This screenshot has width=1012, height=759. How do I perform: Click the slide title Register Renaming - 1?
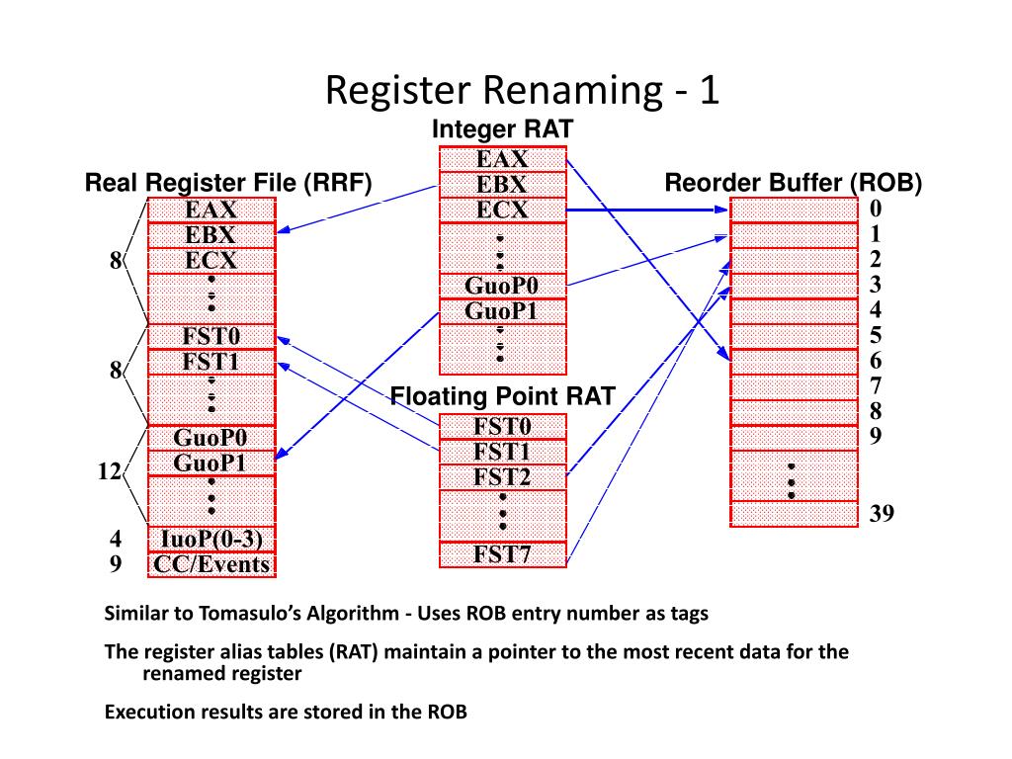pyautogui.click(x=524, y=91)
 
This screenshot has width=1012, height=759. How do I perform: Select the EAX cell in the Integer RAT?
pyautogui.click(x=502, y=159)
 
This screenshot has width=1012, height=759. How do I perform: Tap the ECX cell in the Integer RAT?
pyautogui.click(x=502, y=210)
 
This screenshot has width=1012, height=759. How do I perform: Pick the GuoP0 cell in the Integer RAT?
pyautogui.click(x=502, y=286)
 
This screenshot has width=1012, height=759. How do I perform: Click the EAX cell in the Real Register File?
pyautogui.click(x=211, y=210)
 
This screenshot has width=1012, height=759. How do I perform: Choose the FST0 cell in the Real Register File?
pyautogui.click(x=211, y=336)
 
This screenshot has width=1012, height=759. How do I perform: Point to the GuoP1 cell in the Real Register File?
pyautogui.click(x=211, y=463)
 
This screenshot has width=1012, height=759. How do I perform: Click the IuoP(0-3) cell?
pyautogui.click(x=211, y=539)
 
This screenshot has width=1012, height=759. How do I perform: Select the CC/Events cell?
pyautogui.click(x=211, y=564)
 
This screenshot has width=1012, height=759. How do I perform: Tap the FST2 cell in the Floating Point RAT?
pyautogui.click(x=502, y=476)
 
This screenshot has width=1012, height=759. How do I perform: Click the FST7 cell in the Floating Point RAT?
pyautogui.click(x=502, y=553)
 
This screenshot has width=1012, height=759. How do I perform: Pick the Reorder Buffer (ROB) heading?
pyautogui.click(x=793, y=183)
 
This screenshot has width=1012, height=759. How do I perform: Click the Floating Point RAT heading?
pyautogui.click(x=502, y=397)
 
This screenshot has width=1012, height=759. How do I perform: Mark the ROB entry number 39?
pyautogui.click(x=882, y=513)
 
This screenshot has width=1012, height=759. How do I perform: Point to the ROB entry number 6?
pyautogui.click(x=876, y=361)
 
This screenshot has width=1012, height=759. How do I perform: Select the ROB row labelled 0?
pyautogui.click(x=794, y=210)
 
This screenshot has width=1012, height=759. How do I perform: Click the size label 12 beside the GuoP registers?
pyautogui.click(x=109, y=472)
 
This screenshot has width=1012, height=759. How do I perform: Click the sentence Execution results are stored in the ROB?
pyautogui.click(x=286, y=712)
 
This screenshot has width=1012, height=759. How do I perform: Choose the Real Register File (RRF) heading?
pyautogui.click(x=228, y=183)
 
